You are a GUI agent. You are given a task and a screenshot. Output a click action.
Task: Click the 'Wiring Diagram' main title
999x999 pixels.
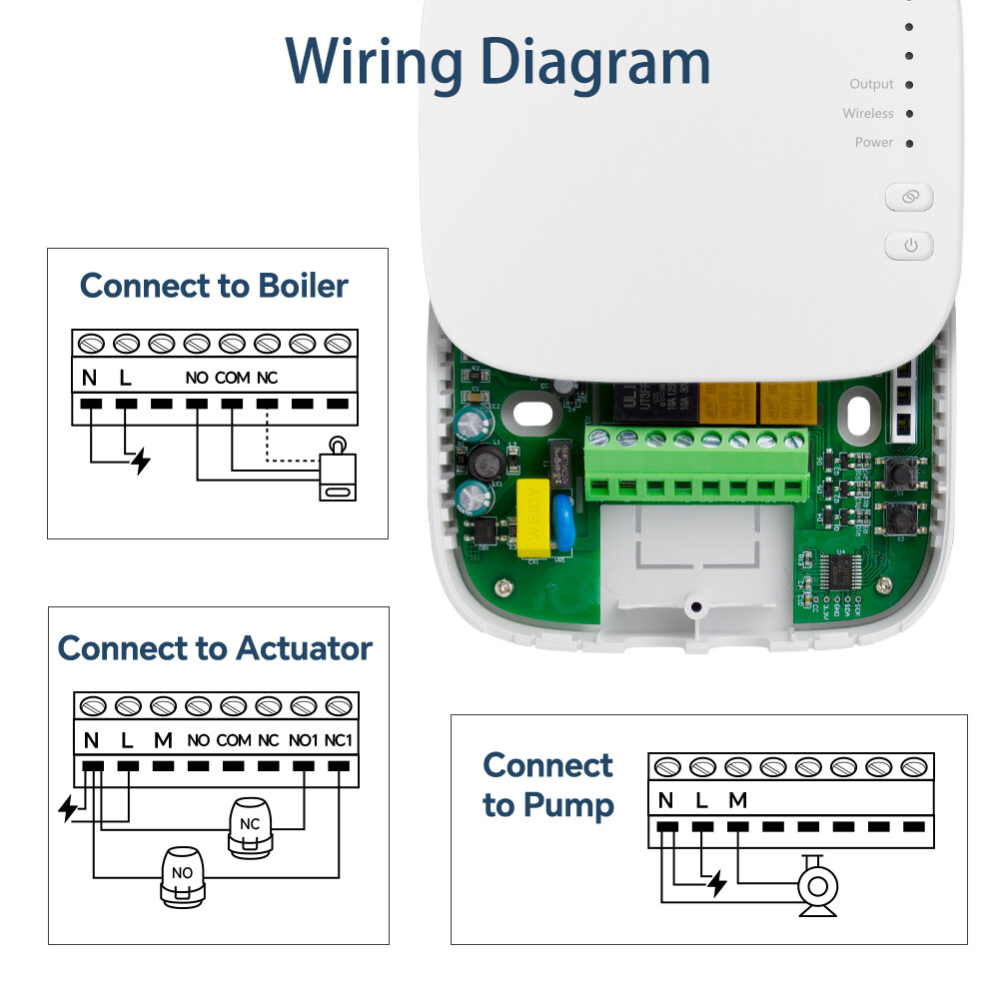[498, 62]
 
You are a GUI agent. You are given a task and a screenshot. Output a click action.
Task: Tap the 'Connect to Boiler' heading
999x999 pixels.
[214, 286]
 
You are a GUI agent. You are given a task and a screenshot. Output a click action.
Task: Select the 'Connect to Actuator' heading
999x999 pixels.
[215, 648]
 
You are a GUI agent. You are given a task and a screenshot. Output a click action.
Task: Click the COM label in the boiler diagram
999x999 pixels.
[232, 379]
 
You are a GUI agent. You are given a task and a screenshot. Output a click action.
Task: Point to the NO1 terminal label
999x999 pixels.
[304, 741]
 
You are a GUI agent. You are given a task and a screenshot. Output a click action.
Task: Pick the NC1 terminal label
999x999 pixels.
[340, 741]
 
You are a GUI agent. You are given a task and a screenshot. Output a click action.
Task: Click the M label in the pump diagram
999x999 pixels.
[737, 800]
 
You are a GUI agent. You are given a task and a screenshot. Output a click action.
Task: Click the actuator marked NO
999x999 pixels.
[182, 876]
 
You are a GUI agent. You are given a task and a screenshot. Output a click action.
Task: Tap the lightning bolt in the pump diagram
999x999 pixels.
[715, 883]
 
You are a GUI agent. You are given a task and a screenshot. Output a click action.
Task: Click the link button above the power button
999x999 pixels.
[908, 198]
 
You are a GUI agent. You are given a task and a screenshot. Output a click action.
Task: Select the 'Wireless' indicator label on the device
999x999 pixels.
[867, 114]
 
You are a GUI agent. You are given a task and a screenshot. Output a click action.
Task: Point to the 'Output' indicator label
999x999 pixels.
[871, 85]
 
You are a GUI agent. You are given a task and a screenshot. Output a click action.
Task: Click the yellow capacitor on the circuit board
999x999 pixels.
[532, 516]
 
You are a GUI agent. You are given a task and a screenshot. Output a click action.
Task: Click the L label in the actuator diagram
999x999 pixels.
[127, 741]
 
